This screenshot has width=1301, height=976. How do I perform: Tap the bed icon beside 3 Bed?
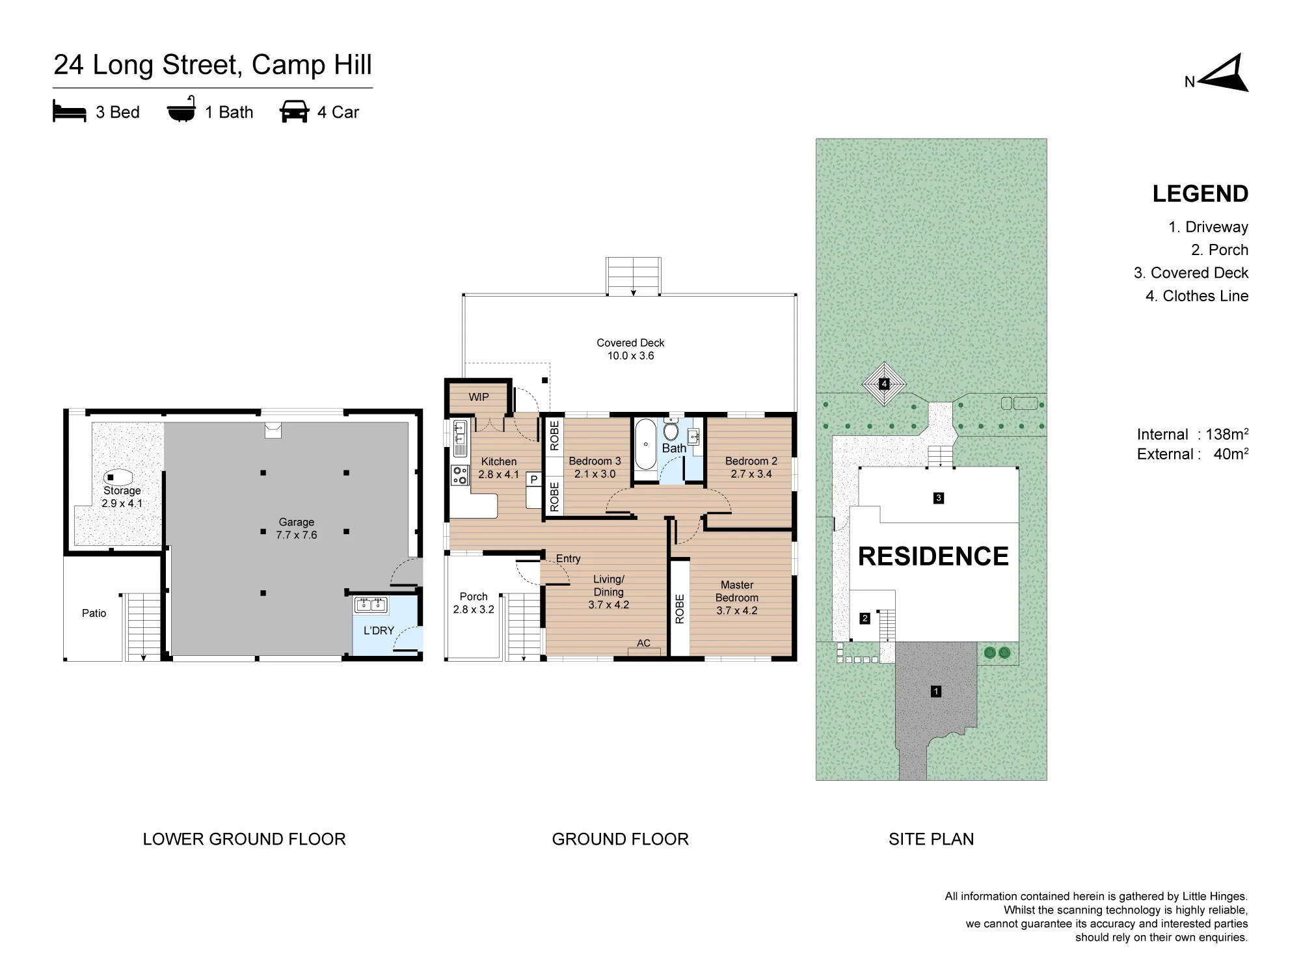[x=70, y=111]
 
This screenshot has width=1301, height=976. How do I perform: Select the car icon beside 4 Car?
[x=294, y=111]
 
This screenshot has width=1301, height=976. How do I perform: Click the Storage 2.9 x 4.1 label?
[x=122, y=496]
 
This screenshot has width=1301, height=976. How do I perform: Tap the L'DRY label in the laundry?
[x=379, y=630]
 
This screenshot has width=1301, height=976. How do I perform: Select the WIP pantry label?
[x=479, y=397]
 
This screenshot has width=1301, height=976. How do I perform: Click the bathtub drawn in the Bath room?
[x=645, y=444]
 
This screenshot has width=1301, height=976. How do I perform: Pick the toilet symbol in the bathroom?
[x=671, y=431]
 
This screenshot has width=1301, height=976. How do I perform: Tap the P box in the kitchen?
[x=534, y=480]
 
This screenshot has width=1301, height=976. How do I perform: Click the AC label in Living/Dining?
[x=643, y=643]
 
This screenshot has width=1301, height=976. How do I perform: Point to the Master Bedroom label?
[x=737, y=597]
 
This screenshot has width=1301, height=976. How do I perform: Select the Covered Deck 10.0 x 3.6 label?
[x=630, y=349]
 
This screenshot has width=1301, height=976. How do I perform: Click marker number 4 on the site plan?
[x=884, y=384]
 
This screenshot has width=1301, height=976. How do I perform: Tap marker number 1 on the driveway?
[x=936, y=692]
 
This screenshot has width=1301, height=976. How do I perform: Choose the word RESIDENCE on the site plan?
[x=933, y=556]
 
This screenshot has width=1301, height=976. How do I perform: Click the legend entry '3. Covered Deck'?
[x=1191, y=273]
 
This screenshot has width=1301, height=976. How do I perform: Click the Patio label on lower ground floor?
[x=94, y=613]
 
